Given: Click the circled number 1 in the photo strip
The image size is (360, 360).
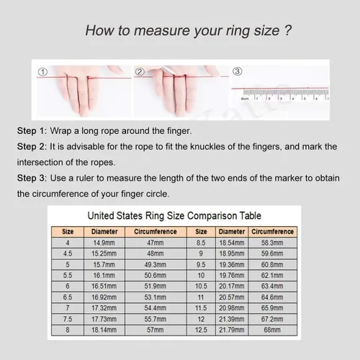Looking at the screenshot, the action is coord(42,72).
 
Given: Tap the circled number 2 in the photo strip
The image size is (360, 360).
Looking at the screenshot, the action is coord(140,72).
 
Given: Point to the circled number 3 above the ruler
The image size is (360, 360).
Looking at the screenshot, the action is coord(238,71).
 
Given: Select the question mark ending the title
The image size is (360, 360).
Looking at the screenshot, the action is coord(287,30).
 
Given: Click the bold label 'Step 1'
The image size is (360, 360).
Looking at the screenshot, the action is coord(31,131).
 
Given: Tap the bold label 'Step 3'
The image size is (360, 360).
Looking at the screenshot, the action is coord(31,178).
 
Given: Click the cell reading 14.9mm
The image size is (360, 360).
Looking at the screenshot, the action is coord(104,243).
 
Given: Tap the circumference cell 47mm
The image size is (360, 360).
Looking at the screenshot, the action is coord(156,243).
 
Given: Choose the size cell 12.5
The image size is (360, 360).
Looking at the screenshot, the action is coord(201,330).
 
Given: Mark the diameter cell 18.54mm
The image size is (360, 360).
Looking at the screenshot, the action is coord(232,243).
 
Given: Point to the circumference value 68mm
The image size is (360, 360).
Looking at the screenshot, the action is coord(272,330).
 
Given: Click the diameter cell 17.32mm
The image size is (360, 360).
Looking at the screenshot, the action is coord(104,308).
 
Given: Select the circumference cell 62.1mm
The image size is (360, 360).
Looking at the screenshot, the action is coord(272,275).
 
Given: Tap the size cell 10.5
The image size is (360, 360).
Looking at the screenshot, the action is coord(201,286).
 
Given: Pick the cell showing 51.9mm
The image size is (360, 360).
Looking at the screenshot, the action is coord(156,286).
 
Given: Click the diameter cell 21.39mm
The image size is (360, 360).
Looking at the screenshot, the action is coord(232,319).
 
